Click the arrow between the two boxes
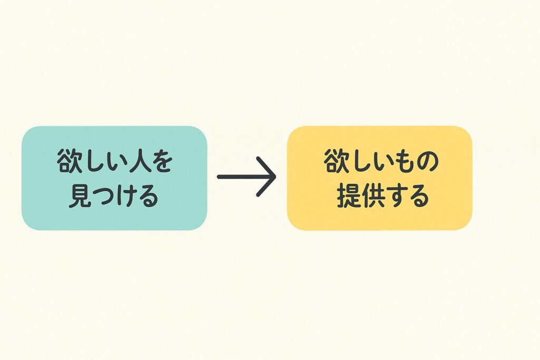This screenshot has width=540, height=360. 247,177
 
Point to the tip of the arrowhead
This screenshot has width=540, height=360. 276,177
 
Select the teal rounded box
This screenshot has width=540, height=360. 114,178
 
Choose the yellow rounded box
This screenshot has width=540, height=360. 380,178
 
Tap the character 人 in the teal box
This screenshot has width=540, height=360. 138,161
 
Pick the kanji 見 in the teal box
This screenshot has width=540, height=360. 80,196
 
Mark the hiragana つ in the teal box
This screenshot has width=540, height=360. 102,196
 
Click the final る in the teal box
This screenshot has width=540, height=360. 148,196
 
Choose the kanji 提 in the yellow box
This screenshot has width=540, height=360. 349,196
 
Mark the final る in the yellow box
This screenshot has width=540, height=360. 418,196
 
